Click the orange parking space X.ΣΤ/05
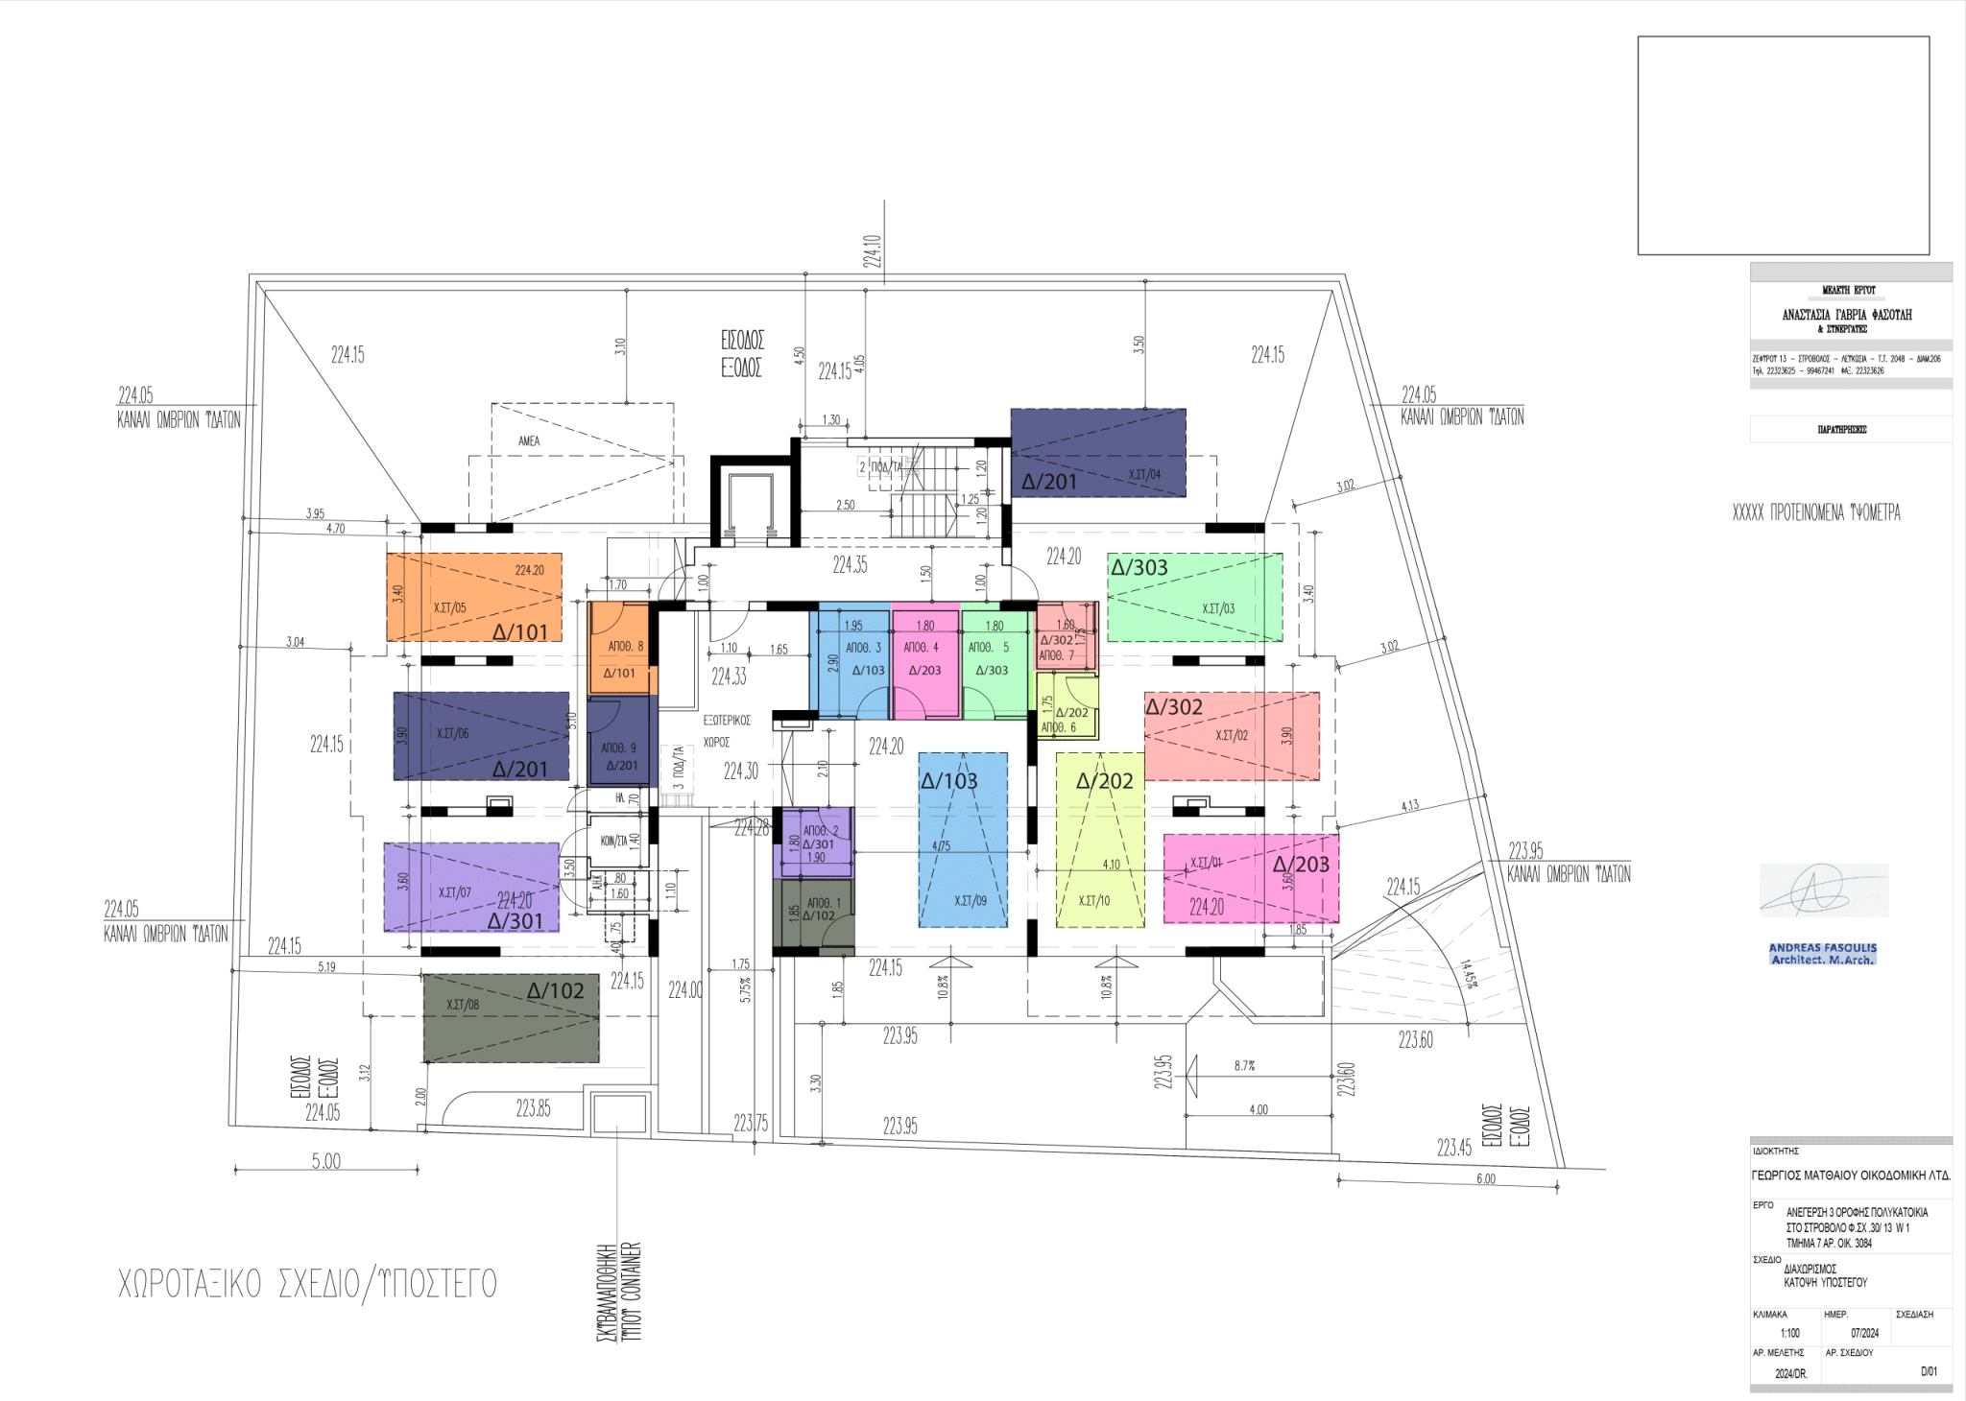[x=474, y=597]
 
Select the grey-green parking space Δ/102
[x=511, y=1018]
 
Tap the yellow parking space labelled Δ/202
[x=1100, y=841]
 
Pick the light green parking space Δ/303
[x=1194, y=597]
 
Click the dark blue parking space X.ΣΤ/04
[x=1098, y=453]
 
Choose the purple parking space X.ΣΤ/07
[x=471, y=887]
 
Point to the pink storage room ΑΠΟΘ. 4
[x=925, y=660]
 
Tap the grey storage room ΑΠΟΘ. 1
[x=815, y=912]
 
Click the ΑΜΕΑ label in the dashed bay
[x=529, y=441]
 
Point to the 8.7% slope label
[x=1244, y=1065]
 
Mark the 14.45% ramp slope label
[x=1468, y=974]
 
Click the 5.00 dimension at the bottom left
[x=326, y=1161]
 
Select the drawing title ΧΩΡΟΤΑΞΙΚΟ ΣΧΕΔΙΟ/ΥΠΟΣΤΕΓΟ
[x=307, y=1284]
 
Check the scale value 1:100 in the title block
[x=1789, y=1333]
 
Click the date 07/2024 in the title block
[x=1864, y=1333]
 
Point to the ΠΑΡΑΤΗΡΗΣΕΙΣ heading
[x=1841, y=430]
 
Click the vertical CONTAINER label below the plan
[x=632, y=1291]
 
